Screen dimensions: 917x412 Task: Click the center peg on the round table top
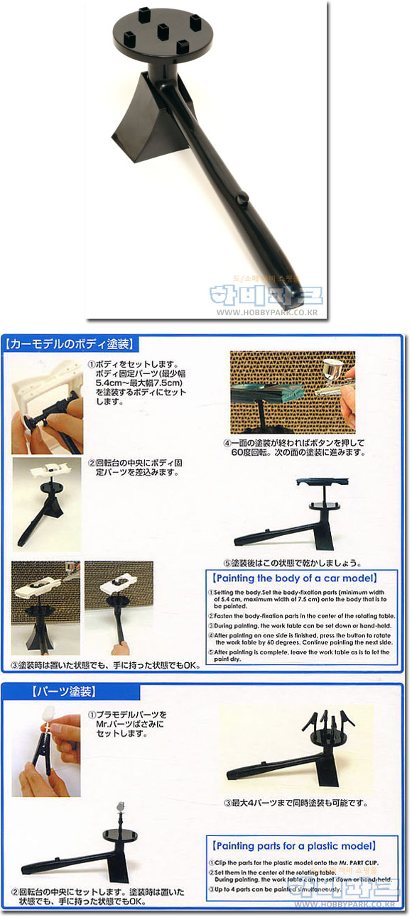pyautogui.click(x=163, y=31)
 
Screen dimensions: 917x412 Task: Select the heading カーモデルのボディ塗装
pyautogui.click(x=70, y=345)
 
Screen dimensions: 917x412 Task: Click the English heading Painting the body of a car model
pyautogui.click(x=291, y=578)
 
